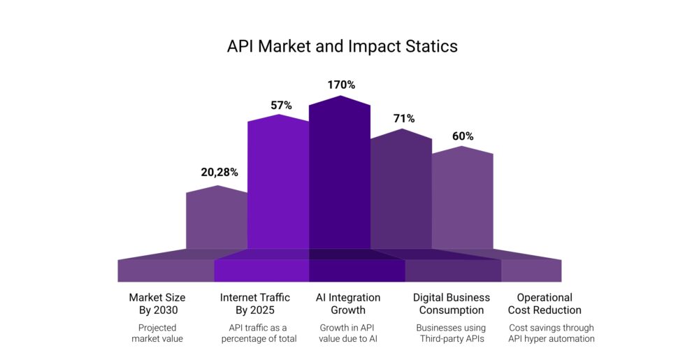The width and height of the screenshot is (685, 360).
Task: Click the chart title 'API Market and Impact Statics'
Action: click(342, 47)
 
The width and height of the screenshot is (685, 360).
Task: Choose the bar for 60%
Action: click(462, 199)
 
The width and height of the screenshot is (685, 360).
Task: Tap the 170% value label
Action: click(341, 85)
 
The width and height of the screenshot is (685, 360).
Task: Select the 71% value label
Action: click(403, 118)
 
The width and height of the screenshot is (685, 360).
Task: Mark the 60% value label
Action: click(463, 136)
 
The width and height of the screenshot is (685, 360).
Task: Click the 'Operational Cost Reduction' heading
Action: click(545, 303)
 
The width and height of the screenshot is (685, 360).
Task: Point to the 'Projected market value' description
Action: click(157, 333)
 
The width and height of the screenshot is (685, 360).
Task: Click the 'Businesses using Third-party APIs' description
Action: click(451, 333)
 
